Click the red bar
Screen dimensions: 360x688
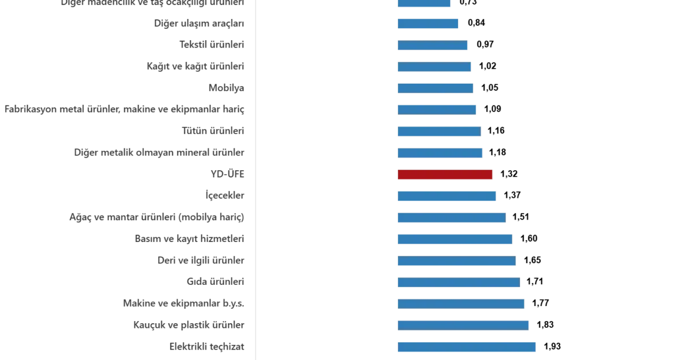(x=445, y=175)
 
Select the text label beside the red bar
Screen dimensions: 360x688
(x=228, y=174)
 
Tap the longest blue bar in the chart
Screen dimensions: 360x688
(x=466, y=347)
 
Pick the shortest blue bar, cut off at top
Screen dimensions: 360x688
(x=424, y=3)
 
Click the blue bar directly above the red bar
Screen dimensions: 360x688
(x=440, y=153)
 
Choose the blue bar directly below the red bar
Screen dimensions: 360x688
(x=447, y=195)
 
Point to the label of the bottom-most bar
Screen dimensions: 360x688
(x=209, y=346)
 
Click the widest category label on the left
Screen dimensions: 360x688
(x=126, y=108)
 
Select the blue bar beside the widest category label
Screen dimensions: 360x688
(x=436, y=108)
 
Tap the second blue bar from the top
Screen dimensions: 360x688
(x=427, y=25)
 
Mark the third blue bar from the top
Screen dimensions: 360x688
(x=431, y=44)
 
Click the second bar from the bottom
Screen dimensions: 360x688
(x=463, y=325)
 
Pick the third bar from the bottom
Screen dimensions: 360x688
(x=460, y=304)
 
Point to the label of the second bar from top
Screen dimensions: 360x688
(x=200, y=24)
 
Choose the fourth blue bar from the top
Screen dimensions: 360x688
(x=433, y=66)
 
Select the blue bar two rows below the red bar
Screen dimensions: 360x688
(x=451, y=218)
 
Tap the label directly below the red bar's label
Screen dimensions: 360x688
(x=224, y=196)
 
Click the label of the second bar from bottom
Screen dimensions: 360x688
(x=190, y=324)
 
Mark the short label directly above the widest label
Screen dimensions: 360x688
(x=227, y=87)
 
